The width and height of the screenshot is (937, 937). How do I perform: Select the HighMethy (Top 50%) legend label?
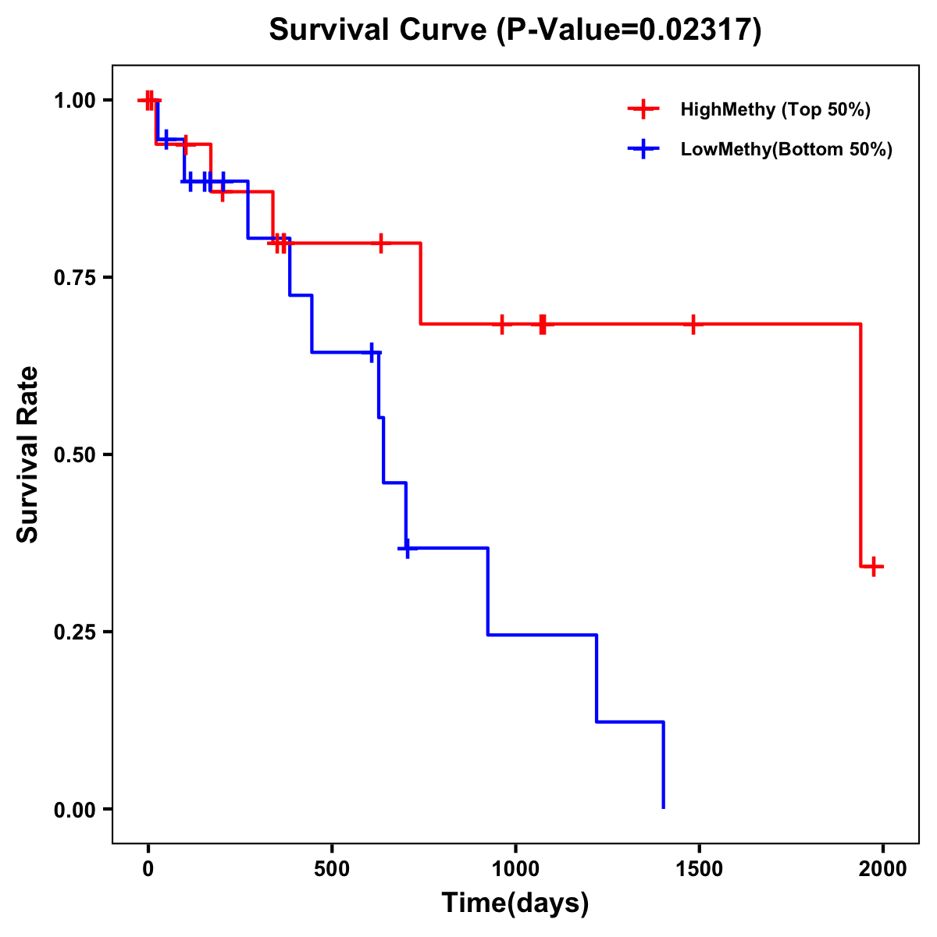pos(775,109)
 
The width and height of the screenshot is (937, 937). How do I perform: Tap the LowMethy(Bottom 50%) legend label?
pos(786,149)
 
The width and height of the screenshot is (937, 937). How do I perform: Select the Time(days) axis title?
pos(515,903)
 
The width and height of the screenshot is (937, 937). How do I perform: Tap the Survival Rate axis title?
pos(28,454)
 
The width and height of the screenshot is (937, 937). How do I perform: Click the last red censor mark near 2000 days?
pos(875,567)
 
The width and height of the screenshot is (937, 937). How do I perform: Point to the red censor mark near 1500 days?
pos(693,324)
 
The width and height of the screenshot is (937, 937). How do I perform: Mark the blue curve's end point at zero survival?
pos(664,807)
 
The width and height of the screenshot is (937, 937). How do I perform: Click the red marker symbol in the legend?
pos(643,109)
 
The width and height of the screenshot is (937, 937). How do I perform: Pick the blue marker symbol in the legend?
pos(643,149)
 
